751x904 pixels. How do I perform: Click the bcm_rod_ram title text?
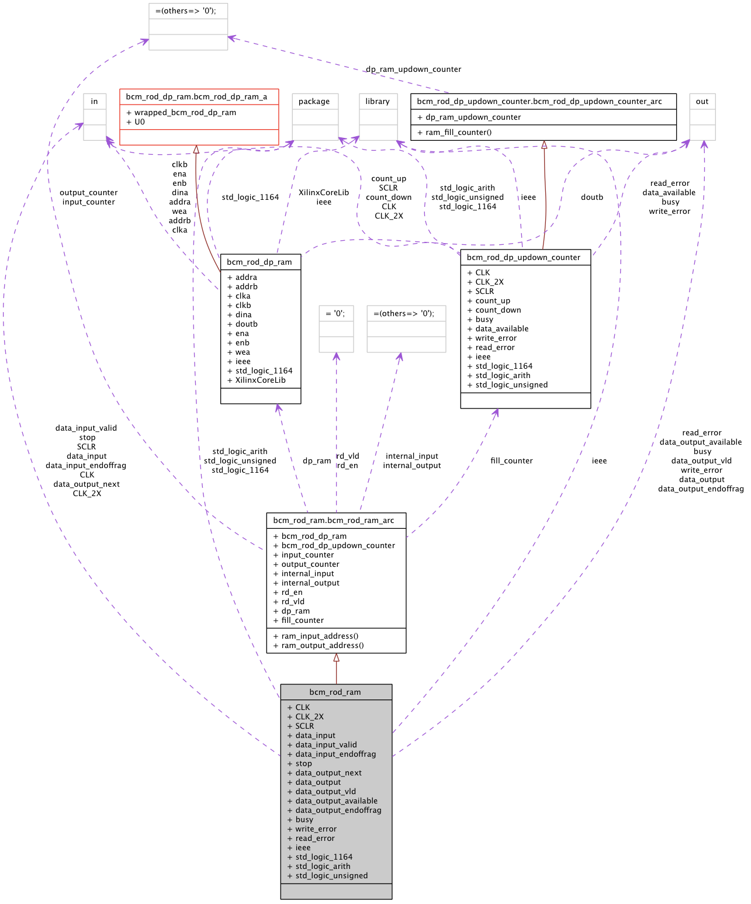click(x=335, y=692)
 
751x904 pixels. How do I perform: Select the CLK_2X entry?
click(x=309, y=717)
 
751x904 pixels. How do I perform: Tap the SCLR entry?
click(x=304, y=726)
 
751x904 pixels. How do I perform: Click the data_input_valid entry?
click(x=326, y=745)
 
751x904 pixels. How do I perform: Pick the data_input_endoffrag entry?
click(x=335, y=754)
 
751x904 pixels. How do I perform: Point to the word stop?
click(x=303, y=764)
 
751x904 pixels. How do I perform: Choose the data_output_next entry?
click(x=328, y=773)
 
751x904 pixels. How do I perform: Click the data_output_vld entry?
click(x=325, y=792)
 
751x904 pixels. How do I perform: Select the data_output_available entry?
click(x=336, y=801)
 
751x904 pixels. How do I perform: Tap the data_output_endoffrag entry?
click(x=338, y=811)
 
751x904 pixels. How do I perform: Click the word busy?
click(x=304, y=820)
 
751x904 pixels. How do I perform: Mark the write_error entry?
click(x=316, y=829)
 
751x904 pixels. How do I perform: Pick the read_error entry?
click(x=314, y=839)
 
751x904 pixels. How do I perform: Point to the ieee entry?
click(x=303, y=848)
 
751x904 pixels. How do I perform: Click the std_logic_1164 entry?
click(x=324, y=857)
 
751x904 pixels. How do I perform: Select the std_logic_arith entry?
click(x=323, y=867)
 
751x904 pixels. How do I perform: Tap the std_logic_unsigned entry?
click(x=331, y=876)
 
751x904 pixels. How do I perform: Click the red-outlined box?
click(x=199, y=117)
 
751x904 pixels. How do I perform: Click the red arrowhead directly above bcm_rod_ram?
click(x=336, y=658)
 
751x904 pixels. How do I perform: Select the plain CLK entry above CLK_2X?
click(x=302, y=708)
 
